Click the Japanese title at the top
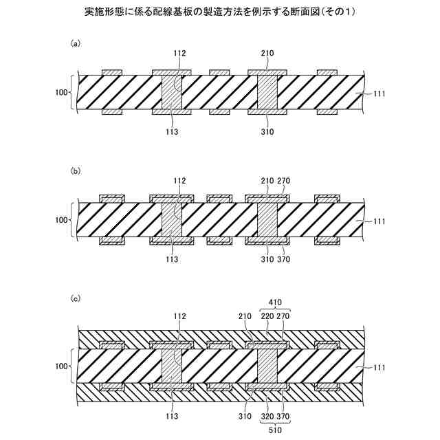220,12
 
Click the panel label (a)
76,43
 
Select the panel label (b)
76,168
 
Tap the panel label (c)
76,298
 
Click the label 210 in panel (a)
267,52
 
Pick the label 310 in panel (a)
267,131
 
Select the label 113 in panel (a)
173,131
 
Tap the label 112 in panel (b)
179,180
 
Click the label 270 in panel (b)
285,180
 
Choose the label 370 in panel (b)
285,259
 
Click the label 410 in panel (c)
276,300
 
